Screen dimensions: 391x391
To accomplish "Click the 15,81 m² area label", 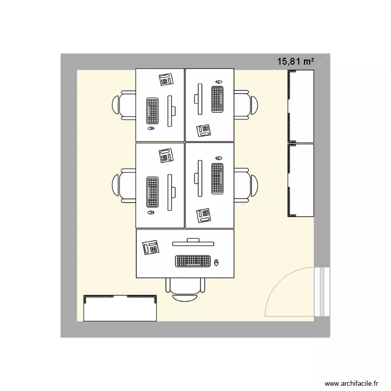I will pyautogui.click(x=296, y=62).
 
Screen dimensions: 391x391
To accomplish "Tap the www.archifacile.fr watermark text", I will pyautogui.click(x=351, y=383).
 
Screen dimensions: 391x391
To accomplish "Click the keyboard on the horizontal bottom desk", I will pyautogui.click(x=193, y=261).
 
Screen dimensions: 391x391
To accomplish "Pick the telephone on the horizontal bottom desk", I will pyautogui.click(x=151, y=247).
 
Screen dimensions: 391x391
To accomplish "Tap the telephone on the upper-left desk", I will pyautogui.click(x=166, y=80).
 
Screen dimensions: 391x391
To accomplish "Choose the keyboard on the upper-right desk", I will pyautogui.click(x=217, y=99).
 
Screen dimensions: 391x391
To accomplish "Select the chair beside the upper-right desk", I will pyautogui.click(x=246, y=105).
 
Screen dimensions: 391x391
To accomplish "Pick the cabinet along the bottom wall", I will pyautogui.click(x=120, y=308).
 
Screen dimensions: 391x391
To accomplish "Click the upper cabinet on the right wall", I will pyautogui.click(x=301, y=106).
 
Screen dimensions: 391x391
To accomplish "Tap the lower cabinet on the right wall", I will pyautogui.click(x=301, y=180).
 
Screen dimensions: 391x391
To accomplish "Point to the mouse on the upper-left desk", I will pyautogui.click(x=151, y=128).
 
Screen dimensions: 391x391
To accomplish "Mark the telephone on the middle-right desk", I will pyautogui.click(x=203, y=215).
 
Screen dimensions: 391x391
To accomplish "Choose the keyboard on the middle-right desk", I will pyautogui.click(x=217, y=178).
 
